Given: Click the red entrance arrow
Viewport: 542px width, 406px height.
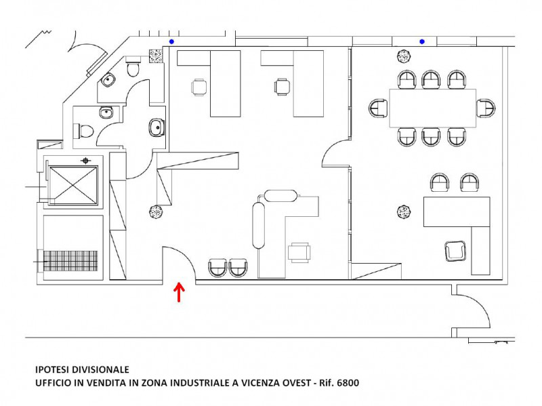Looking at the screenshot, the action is tap(179, 292).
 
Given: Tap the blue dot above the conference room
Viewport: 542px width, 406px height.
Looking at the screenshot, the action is tap(422, 42).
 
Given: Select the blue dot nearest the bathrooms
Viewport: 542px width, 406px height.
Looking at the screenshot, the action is tap(171, 42).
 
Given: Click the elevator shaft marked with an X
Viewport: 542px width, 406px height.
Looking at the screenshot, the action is tap(73, 186).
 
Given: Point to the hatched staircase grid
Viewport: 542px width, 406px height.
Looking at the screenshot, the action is tap(70, 261).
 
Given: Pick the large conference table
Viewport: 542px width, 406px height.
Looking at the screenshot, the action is tap(432, 108).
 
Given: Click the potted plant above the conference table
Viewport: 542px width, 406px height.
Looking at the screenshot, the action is tap(403, 56).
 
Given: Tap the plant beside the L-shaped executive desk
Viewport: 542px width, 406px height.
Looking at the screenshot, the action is tap(403, 211).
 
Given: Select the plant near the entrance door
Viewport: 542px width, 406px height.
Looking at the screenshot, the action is tap(157, 211).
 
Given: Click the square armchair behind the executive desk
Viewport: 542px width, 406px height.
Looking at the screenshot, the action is tap(455, 251).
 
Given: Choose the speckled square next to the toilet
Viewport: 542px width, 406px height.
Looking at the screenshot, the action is tap(156, 56).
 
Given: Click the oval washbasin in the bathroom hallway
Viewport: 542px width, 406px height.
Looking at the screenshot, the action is tap(157, 127).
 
